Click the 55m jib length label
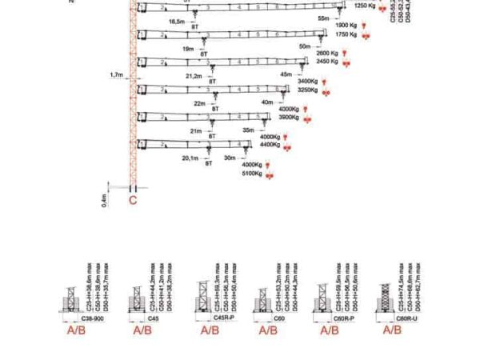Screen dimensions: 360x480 tap(322, 17)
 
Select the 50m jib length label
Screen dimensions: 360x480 tap(305, 46)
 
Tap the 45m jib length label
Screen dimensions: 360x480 tap(286, 74)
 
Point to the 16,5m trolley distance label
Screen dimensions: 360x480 tap(177, 23)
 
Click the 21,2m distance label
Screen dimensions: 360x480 tap(194, 76)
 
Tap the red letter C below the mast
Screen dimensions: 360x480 tap(133, 202)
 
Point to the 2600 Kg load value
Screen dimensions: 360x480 tap(328, 54)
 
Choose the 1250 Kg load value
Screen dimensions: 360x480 tap(365, 6)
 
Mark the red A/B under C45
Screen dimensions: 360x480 tap(142, 330)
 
